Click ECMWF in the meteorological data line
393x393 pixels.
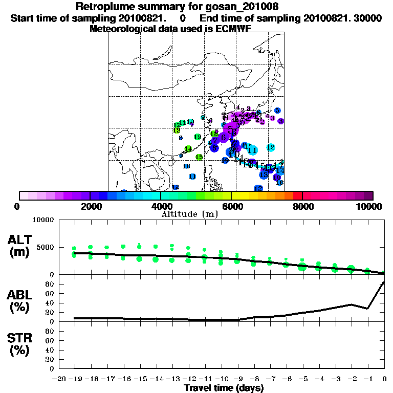(232, 29)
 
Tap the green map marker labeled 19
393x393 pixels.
(198, 137)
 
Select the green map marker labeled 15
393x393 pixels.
(200, 157)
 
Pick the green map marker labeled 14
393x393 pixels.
(188, 149)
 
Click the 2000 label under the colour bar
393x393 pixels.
(90, 206)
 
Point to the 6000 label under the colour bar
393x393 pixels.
(232, 206)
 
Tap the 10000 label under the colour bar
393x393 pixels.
(370, 206)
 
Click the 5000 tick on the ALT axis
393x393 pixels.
(46, 247)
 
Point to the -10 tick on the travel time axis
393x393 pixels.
(222, 378)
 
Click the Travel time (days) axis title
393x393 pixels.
(224, 388)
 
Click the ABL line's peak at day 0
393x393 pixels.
(384, 282)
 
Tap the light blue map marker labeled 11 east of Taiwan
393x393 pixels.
(252, 150)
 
